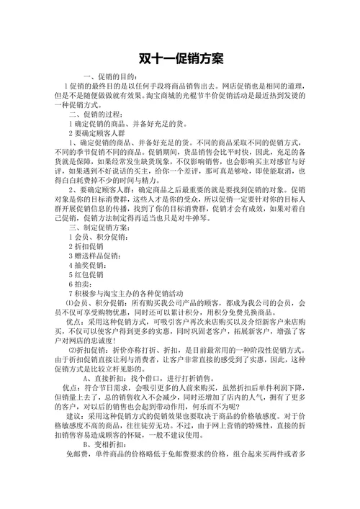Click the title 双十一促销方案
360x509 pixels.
click(x=180, y=57)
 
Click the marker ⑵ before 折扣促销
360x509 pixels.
click(x=70, y=350)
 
